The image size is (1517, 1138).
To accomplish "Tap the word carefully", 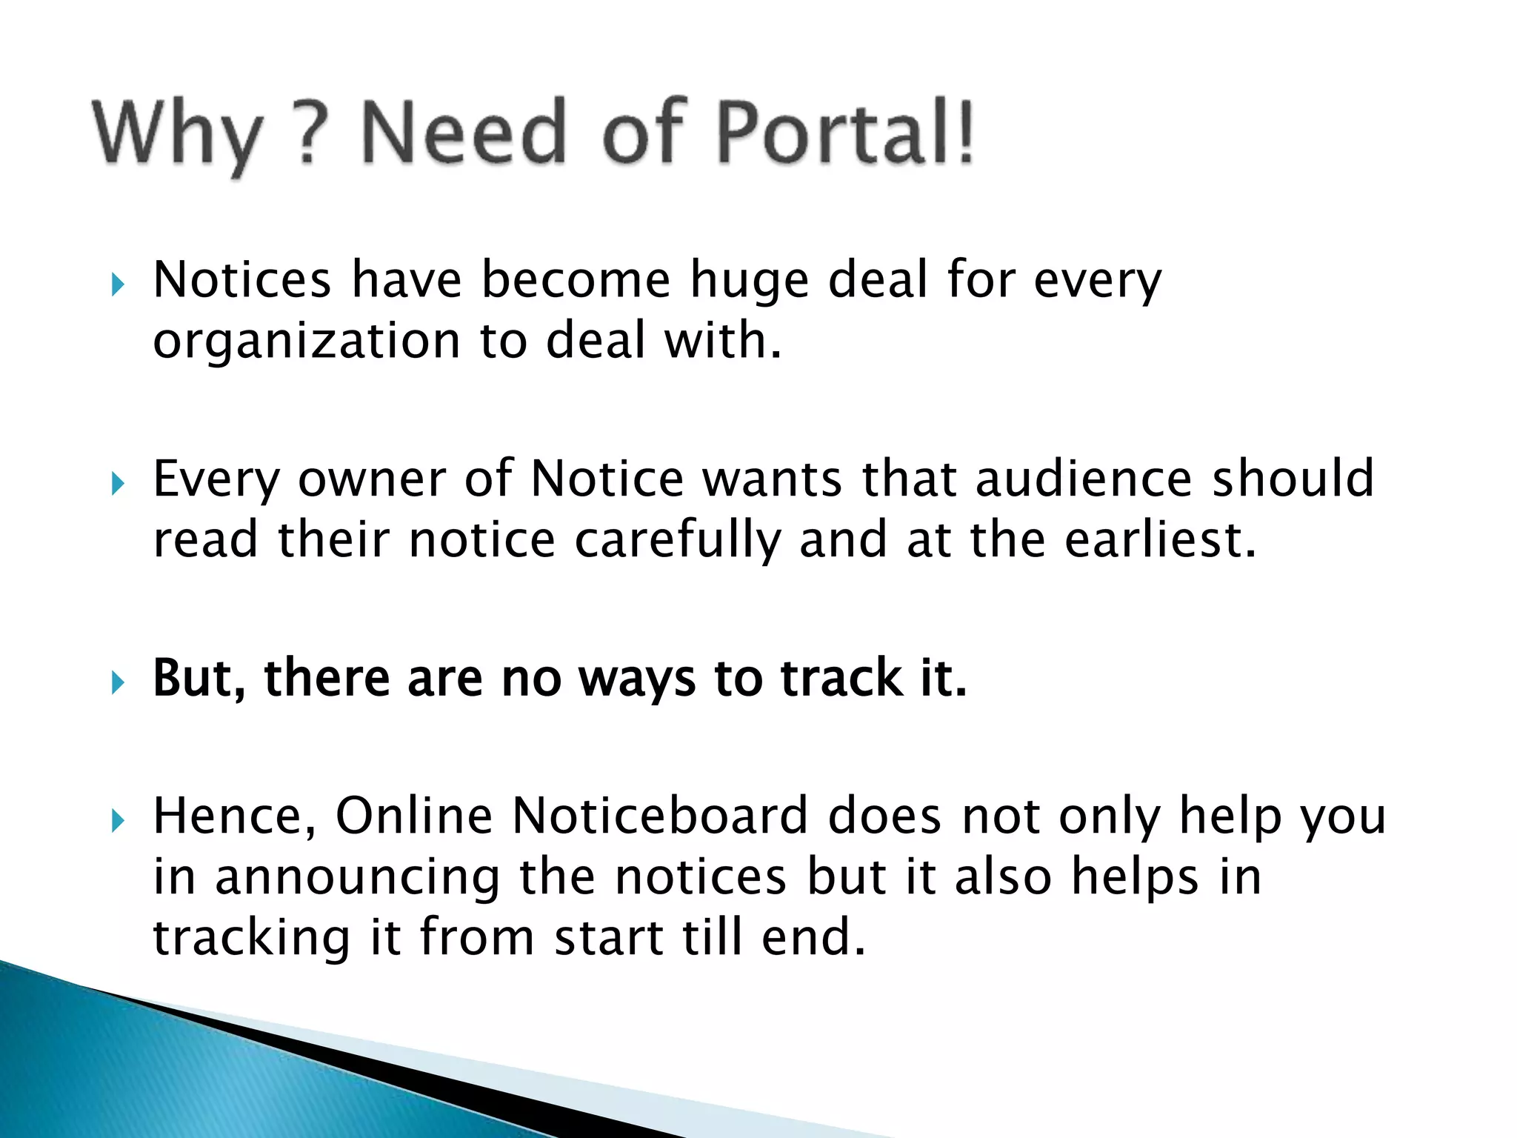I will tap(678, 541).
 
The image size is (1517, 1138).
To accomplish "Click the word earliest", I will tap(1160, 539).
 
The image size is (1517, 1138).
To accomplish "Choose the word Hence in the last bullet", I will tap(234, 816).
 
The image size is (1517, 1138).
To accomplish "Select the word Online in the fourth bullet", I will tap(414, 816).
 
